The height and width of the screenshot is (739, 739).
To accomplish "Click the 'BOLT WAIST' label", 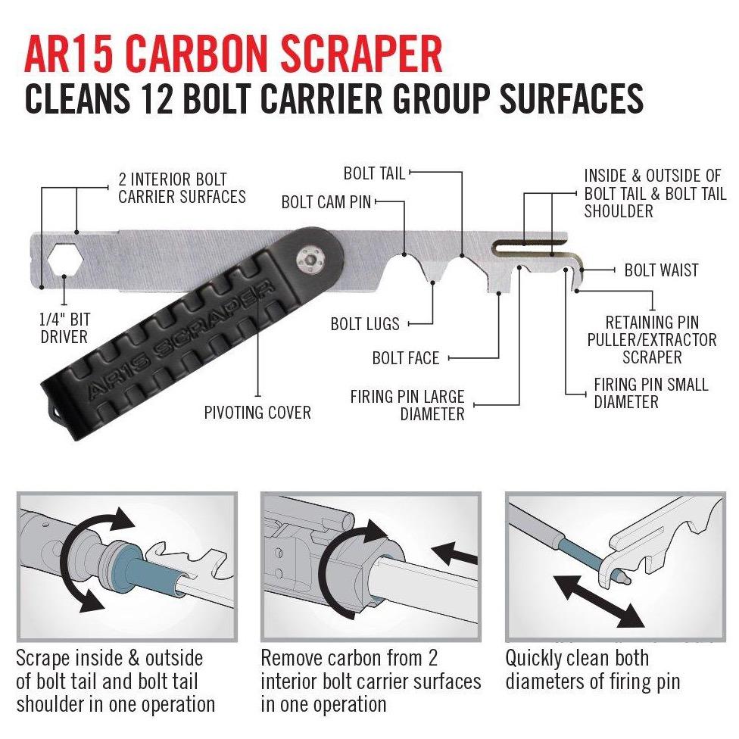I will click(x=661, y=270).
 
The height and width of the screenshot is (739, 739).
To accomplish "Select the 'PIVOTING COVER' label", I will click(x=257, y=413).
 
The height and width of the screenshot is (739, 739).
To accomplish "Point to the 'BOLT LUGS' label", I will click(x=365, y=324).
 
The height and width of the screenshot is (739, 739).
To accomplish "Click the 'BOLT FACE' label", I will click(x=406, y=358).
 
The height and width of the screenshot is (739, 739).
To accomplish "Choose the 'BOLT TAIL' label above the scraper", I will click(x=374, y=173).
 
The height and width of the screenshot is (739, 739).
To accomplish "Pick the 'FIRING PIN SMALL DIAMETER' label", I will click(x=650, y=393).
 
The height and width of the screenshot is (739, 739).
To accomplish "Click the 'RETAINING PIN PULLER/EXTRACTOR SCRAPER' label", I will click(x=651, y=340).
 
